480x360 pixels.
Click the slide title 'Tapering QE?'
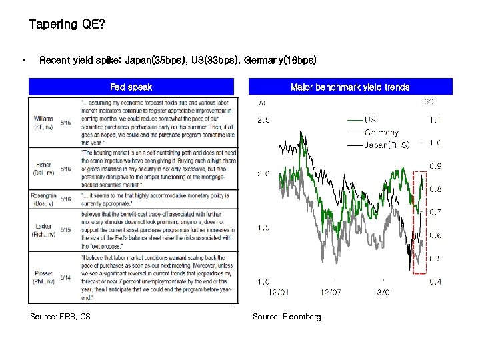[67, 25]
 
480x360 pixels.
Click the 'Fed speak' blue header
[131, 87]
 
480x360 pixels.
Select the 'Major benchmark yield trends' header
[350, 87]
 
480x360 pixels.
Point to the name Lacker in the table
[44, 227]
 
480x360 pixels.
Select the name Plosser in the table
[44, 273]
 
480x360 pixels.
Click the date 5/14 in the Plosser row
[65, 277]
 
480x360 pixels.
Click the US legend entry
[371, 119]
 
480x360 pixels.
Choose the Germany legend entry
[381, 132]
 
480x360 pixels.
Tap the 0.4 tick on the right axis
[434, 281]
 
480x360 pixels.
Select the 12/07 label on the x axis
[331, 291]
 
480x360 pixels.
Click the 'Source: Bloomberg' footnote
[287, 317]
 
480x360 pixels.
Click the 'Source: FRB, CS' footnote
[60, 317]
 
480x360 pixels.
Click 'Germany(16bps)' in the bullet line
[280, 60]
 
